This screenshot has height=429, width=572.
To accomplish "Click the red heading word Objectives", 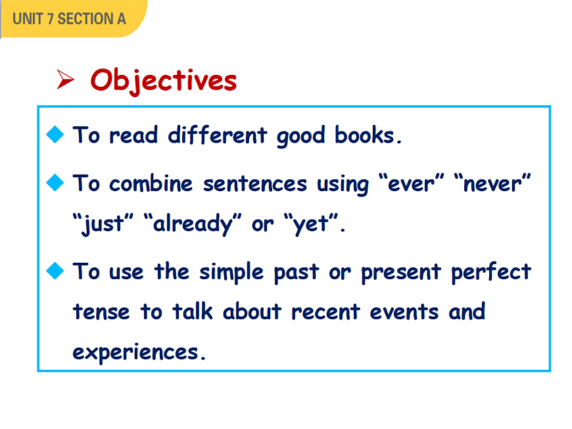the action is pyautogui.click(x=164, y=81).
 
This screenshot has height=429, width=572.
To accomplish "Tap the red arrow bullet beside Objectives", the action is pyautogui.click(x=65, y=79).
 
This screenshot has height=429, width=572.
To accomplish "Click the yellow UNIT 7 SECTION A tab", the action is pyautogui.click(x=73, y=18).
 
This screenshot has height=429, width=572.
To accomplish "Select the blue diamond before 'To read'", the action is pyautogui.click(x=55, y=134).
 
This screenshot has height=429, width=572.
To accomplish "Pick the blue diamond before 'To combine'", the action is pyautogui.click(x=55, y=182).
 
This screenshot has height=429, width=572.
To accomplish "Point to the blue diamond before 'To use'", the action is pyautogui.click(x=55, y=271).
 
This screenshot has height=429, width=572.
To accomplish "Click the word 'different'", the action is pyautogui.click(x=218, y=135).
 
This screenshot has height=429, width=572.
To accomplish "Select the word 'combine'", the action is pyautogui.click(x=151, y=183).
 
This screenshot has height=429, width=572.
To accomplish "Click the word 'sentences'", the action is pyautogui.click(x=255, y=184).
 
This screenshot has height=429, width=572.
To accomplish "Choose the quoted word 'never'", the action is pyautogui.click(x=492, y=183).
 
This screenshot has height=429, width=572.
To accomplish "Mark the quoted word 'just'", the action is pyautogui.click(x=103, y=223).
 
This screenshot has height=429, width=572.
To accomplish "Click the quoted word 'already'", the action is pyautogui.click(x=193, y=223).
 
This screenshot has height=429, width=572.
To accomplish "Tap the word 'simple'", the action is pyautogui.click(x=231, y=272).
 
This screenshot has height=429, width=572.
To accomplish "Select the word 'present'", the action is pyautogui.click(x=401, y=273).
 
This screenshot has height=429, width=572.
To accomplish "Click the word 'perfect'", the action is pyautogui.click(x=491, y=272).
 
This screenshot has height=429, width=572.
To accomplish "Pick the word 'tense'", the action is pyautogui.click(x=101, y=312).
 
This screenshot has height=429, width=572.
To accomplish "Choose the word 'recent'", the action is pyautogui.click(x=325, y=312).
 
